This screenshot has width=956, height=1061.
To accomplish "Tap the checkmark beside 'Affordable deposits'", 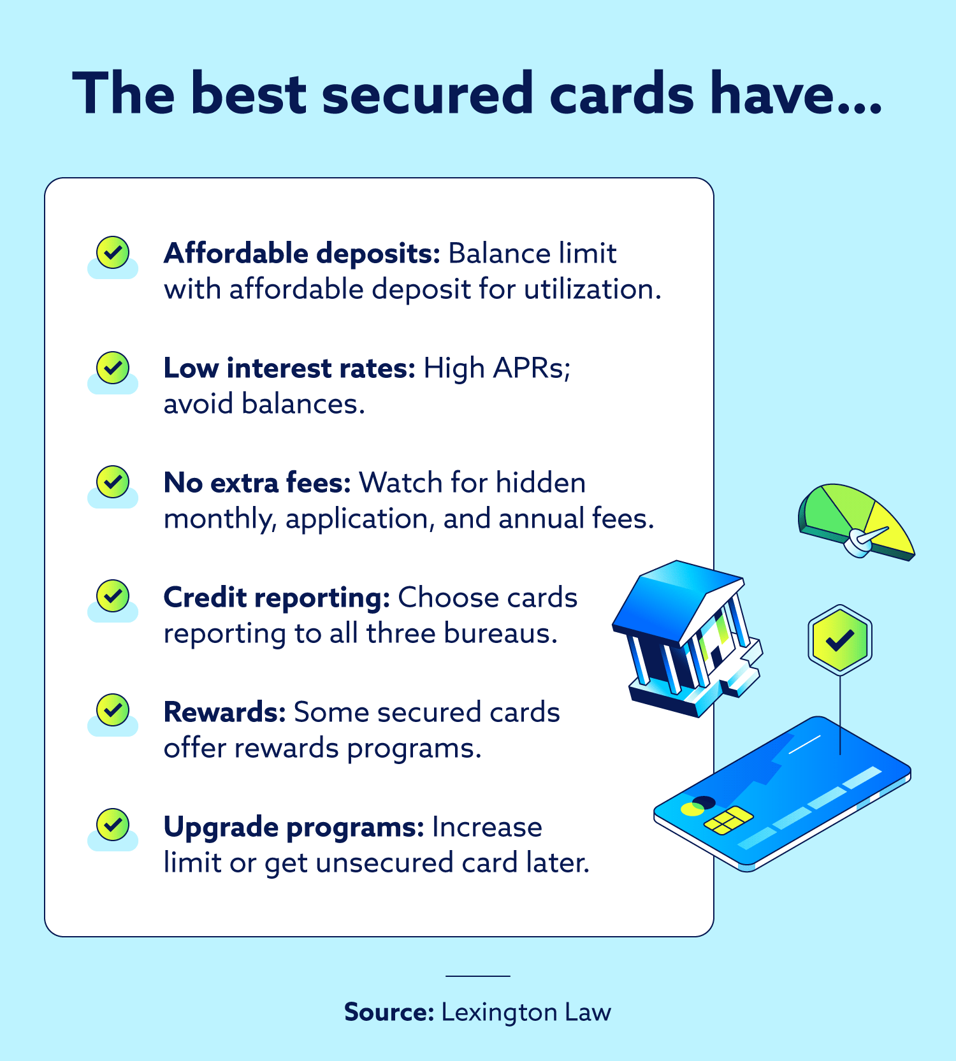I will pyautogui.click(x=113, y=252).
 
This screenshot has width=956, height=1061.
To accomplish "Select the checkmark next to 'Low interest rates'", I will pyautogui.click(x=113, y=367).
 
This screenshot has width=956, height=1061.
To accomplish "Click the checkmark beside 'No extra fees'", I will pyautogui.click(x=113, y=482).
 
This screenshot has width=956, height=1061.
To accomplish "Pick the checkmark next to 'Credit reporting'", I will pyautogui.click(x=113, y=596).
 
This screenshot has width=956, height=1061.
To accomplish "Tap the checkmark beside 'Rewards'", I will pyautogui.click(x=113, y=711).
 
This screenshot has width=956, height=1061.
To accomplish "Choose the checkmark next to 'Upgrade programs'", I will pyautogui.click(x=113, y=826).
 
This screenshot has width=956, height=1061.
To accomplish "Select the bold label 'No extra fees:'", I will pyautogui.click(x=257, y=483).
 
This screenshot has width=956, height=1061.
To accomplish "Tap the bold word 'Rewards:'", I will pyautogui.click(x=225, y=712).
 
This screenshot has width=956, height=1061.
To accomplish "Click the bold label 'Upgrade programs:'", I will pyautogui.click(x=294, y=827).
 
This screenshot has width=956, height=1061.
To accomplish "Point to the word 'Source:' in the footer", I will pyautogui.click(x=389, y=1012).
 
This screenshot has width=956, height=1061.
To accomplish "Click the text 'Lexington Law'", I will pyautogui.click(x=526, y=1012).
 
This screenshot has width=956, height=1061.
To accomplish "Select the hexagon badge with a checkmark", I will pyautogui.click(x=840, y=640).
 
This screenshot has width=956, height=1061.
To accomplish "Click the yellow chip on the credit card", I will pyautogui.click(x=728, y=820).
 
